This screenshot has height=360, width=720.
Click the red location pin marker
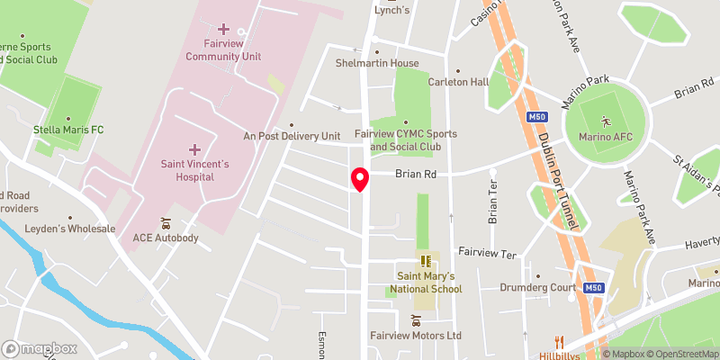pos(360,178)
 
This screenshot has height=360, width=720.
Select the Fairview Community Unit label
pos(223,50)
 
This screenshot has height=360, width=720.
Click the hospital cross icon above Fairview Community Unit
pos(224,31)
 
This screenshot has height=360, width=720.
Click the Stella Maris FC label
pos(68,130)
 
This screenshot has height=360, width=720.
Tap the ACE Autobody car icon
pos(165,222)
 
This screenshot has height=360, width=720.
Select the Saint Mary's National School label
pos(425,283)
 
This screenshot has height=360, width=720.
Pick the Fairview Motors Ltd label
pos(416,336)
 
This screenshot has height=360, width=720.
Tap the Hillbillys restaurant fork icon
pos(560,341)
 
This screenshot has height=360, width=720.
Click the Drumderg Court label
pos(538,288)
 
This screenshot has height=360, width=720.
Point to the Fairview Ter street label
pos(487,255)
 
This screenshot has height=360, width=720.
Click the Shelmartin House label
pos(377,63)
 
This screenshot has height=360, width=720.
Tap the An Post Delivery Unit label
pos(292,136)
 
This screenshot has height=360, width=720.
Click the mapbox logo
pos(39,348)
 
